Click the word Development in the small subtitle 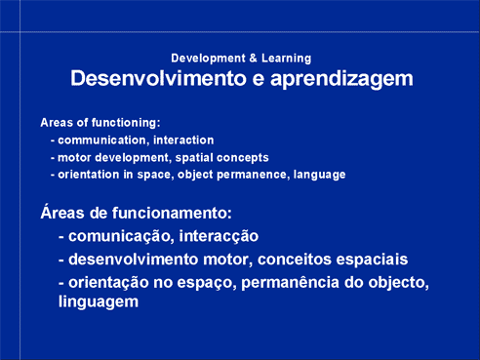pyautogui.click(x=208, y=59)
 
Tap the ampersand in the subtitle pyautogui.click(x=254, y=59)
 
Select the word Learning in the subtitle pyautogui.click(x=287, y=59)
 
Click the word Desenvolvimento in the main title pyautogui.click(x=158, y=78)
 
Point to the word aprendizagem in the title pyautogui.click(x=341, y=80)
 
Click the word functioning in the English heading pyautogui.click(x=126, y=123)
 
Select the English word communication pyautogui.click(x=101, y=140)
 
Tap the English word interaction pyautogui.click(x=183, y=140)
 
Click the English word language pyautogui.click(x=319, y=175)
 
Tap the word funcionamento pyautogui.click(x=172, y=214)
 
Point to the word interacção pyautogui.click(x=219, y=236)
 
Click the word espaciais pyautogui.click(x=372, y=260)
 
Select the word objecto pyautogui.click(x=398, y=283)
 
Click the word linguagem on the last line pyautogui.click(x=99, y=302)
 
